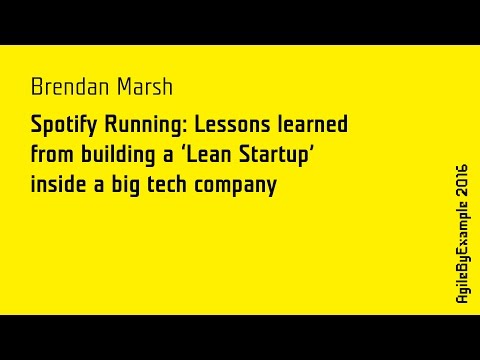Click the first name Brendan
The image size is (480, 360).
pyautogui.click(x=68, y=88)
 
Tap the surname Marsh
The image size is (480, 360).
pyautogui.click(x=142, y=88)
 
